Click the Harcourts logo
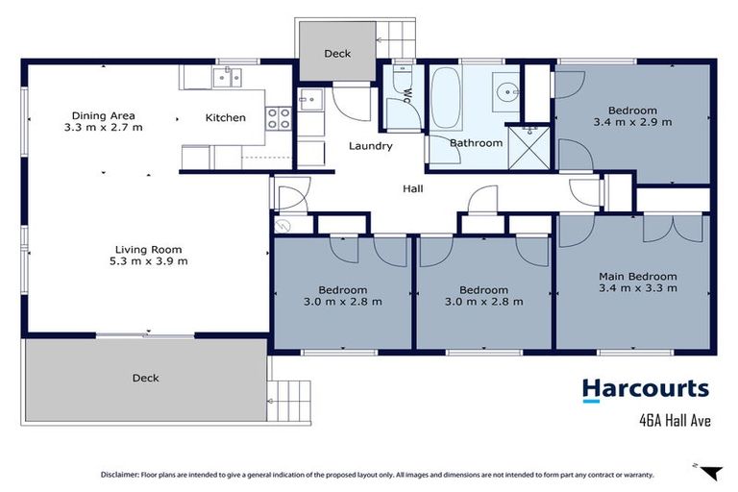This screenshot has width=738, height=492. [645, 389]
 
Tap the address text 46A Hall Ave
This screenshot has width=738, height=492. [675, 419]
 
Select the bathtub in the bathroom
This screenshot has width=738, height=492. [445, 98]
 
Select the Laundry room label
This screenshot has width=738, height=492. [370, 146]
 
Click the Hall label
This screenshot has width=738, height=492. [412, 188]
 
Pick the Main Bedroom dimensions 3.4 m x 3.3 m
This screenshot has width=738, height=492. [637, 287]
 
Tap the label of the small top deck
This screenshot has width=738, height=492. [337, 54]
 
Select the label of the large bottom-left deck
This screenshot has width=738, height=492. [145, 378]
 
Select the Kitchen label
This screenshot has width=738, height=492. [226, 118]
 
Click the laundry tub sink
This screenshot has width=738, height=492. [310, 97]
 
